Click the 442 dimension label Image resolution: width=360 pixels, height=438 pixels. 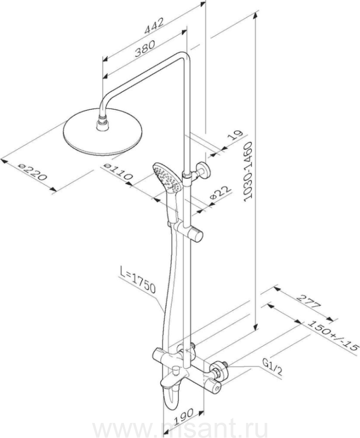154,26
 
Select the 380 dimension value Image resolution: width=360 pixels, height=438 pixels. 144,49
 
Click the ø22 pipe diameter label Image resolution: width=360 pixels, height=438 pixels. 221,192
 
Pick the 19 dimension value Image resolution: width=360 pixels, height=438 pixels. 235,136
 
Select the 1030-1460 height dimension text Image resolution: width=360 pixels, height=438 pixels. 248,171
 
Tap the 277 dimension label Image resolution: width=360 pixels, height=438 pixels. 308,301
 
